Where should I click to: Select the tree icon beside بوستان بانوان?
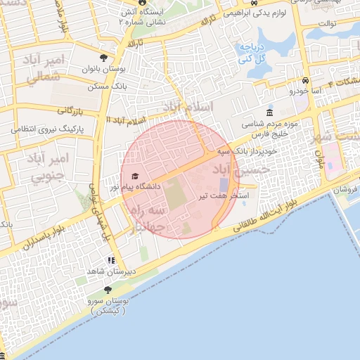click(x=105, y=58)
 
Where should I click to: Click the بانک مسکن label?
click(x=103, y=87)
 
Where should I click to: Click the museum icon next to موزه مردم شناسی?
click(x=271, y=114)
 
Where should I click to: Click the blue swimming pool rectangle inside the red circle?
click(x=224, y=184)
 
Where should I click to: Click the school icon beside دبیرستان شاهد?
click(x=111, y=260)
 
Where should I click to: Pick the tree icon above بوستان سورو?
click(x=107, y=290)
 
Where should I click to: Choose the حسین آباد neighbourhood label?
click(x=243, y=169)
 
